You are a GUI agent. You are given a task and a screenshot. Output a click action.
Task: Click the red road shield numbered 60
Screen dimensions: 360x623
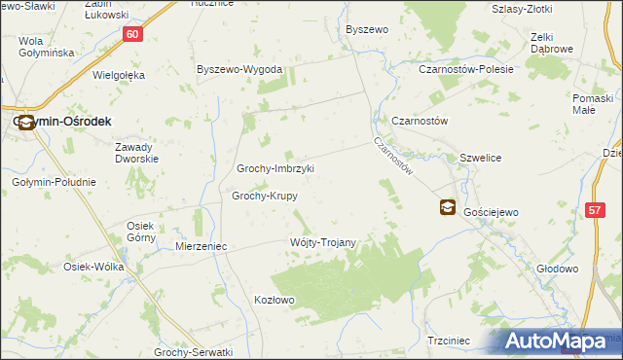pos(134,34)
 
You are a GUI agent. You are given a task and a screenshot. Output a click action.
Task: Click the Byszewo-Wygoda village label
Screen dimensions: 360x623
pos(239,70)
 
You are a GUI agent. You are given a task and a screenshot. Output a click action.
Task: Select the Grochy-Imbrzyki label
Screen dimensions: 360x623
pos(275,168)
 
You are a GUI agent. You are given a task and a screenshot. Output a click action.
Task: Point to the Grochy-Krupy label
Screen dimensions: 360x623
pos(264,196)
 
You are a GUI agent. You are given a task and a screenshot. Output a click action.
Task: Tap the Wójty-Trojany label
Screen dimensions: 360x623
pos(323,242)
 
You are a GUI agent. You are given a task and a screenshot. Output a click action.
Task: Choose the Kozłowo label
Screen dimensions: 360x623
pos(274,300)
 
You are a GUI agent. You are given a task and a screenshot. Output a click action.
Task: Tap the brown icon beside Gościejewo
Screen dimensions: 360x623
pos(447,206)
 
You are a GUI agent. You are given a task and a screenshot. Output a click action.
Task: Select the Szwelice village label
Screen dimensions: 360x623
pos(480,157)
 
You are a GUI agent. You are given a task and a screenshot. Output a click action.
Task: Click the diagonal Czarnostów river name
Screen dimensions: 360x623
pos(394,154)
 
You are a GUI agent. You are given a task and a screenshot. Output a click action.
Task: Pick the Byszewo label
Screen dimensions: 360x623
pos(367,30)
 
